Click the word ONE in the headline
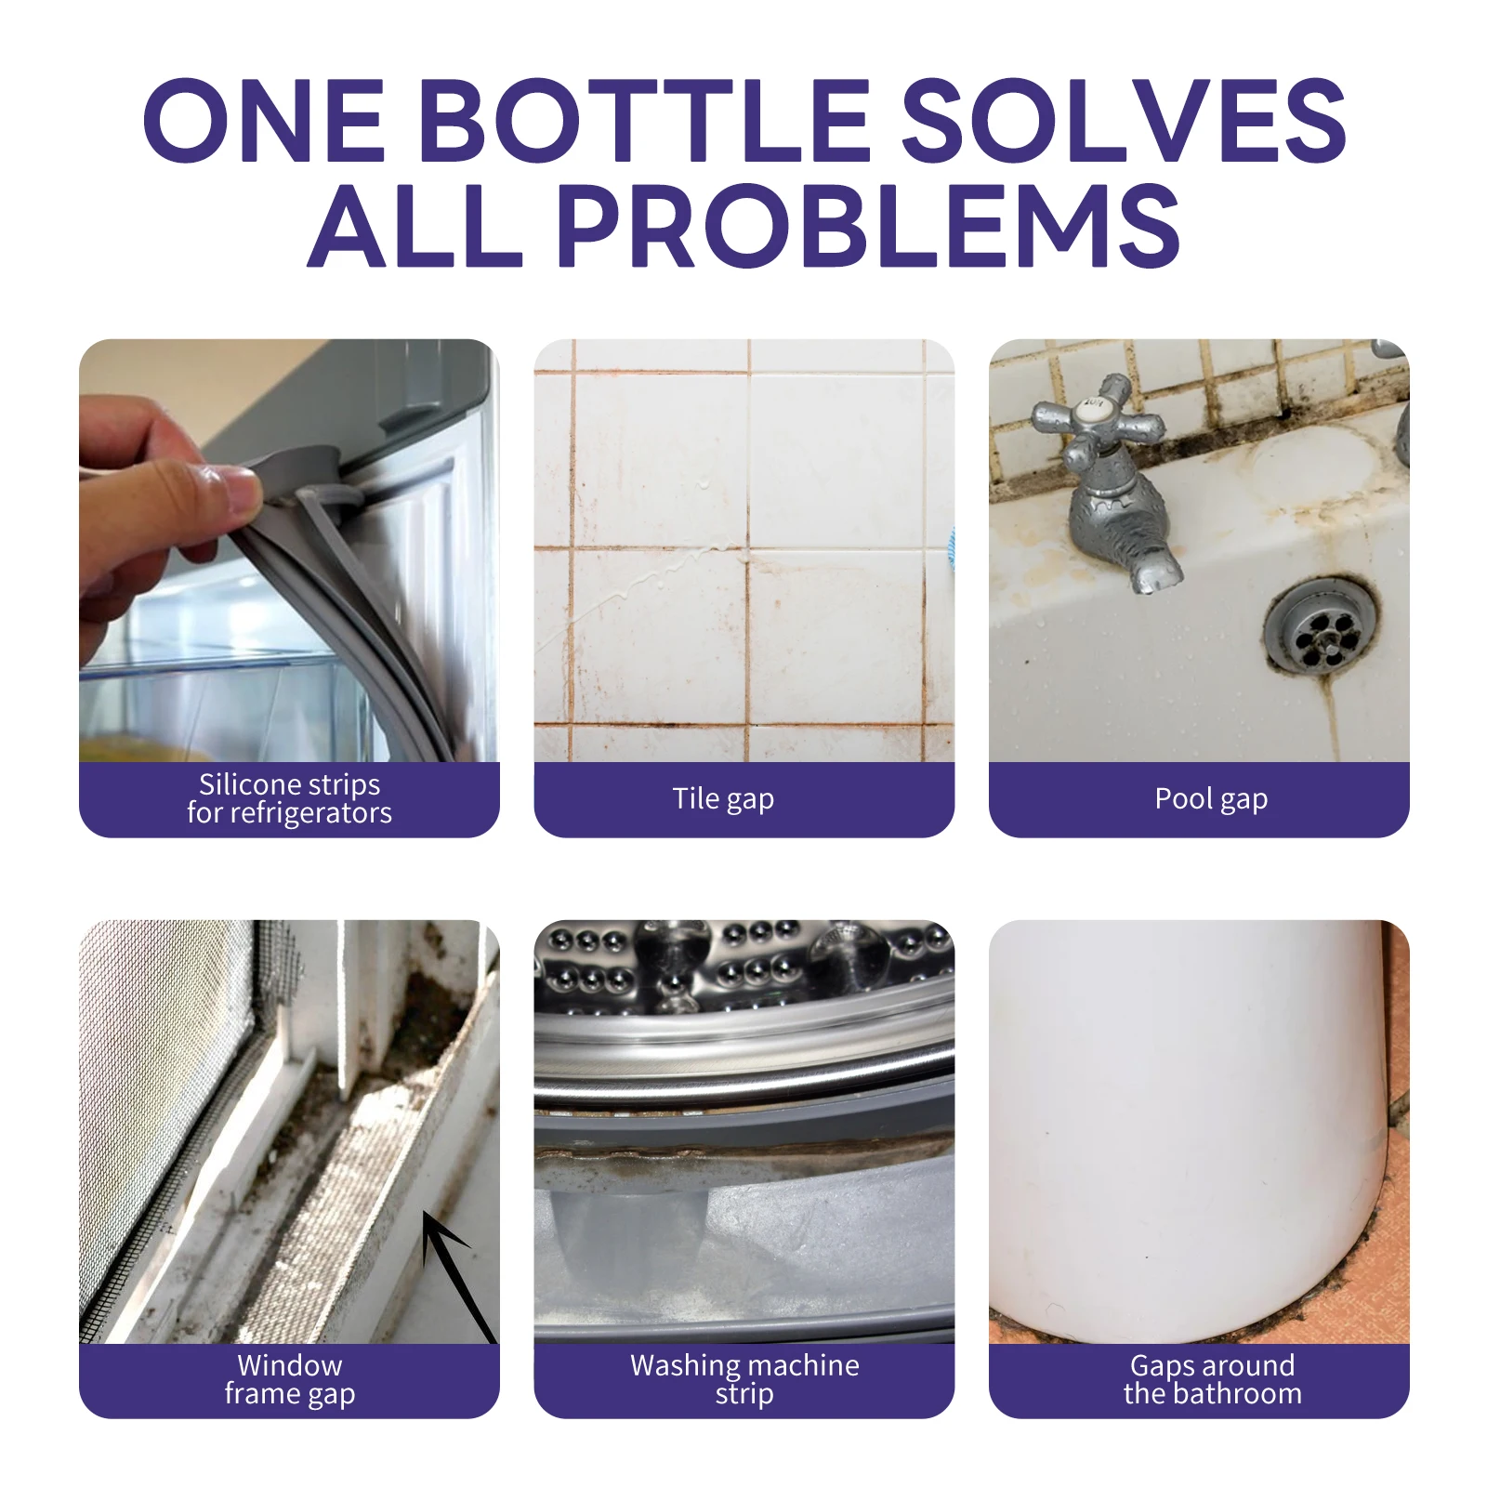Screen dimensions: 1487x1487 point(264,121)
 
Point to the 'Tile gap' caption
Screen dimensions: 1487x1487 point(723,799)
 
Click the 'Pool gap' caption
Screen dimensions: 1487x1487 point(1210,799)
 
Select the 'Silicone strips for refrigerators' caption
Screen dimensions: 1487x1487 point(289,799)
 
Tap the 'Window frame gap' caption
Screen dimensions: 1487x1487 point(289,1380)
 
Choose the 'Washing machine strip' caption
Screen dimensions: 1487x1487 point(744,1380)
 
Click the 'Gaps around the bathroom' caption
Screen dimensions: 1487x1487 point(1212,1380)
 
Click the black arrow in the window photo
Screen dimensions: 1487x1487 point(455,1273)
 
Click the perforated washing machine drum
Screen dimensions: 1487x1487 point(743,967)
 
